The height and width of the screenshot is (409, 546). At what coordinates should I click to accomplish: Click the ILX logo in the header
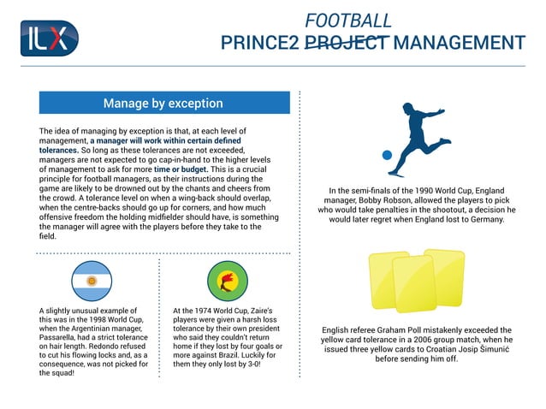tap(49, 39)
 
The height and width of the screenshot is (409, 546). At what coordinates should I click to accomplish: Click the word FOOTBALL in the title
tap(348, 21)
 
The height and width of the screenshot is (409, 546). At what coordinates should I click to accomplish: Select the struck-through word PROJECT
tap(347, 43)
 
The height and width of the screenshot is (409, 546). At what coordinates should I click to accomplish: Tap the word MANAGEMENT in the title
tap(460, 43)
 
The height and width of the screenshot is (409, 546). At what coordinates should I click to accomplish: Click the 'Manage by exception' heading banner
tap(163, 104)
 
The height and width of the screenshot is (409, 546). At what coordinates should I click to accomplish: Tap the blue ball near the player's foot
tap(387, 156)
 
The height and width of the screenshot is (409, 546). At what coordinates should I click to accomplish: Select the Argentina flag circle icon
tap(92, 282)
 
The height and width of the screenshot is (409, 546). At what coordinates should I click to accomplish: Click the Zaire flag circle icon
tap(227, 282)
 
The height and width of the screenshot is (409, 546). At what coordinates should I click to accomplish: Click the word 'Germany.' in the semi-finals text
tap(482, 219)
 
